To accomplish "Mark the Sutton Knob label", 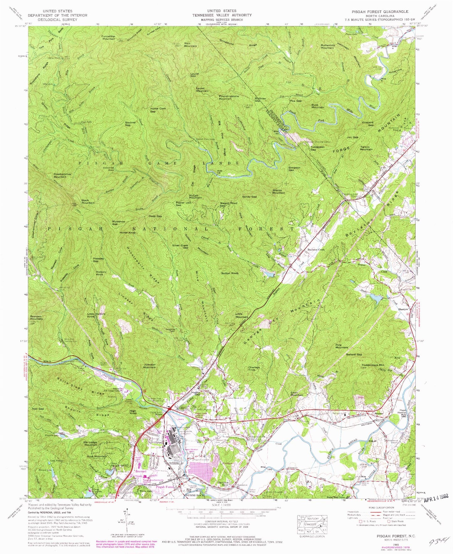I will [x=230, y=273].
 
